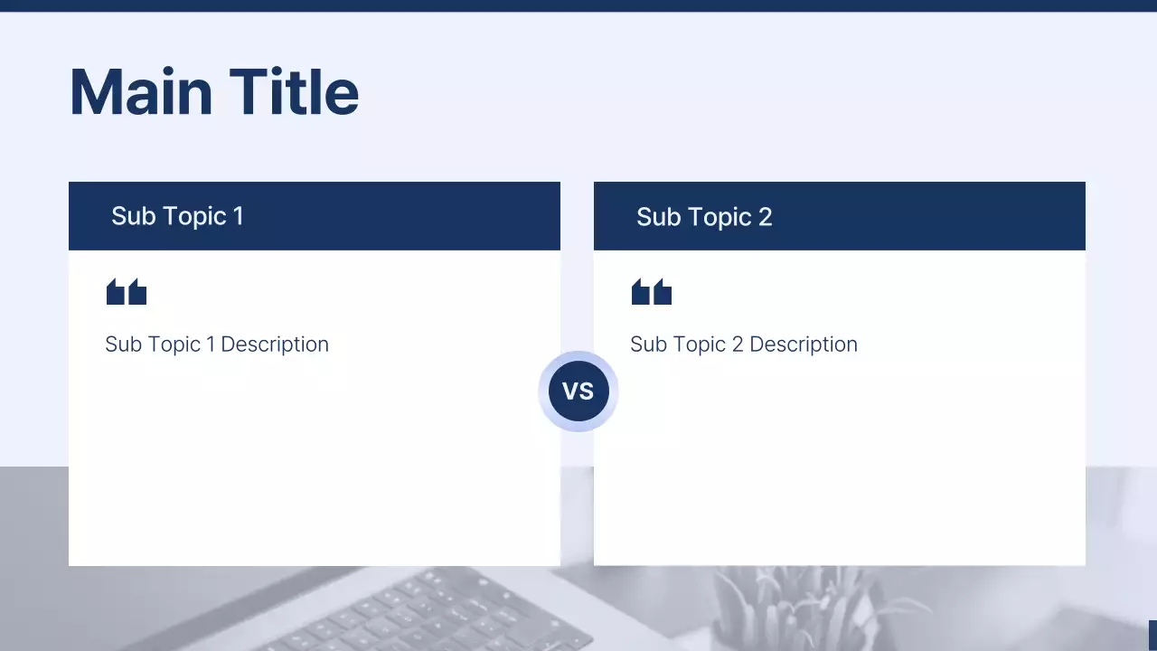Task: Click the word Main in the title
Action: point(141,92)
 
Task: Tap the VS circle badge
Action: point(578,392)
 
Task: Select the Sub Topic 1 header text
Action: point(177,216)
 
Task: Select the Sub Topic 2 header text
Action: point(704,217)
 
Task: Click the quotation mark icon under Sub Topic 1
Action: point(127,292)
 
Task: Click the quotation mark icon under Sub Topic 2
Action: point(652,292)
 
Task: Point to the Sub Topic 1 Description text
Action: point(217,344)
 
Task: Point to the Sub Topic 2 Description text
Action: point(744,344)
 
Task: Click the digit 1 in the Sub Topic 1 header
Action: point(239,216)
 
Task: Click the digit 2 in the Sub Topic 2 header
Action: point(766,217)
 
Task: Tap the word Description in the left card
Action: point(275,344)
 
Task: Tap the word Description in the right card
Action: point(804,344)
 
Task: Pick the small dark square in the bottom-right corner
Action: point(1152,636)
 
